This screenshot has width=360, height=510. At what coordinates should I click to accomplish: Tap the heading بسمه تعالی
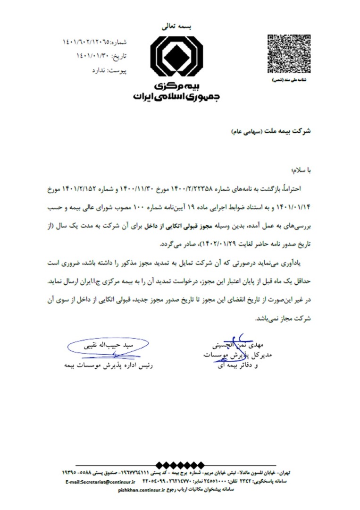176,28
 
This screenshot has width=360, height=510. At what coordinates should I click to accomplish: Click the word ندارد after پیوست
100,70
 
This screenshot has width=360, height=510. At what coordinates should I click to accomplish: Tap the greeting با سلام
301,169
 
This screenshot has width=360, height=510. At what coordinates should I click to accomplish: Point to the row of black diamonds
180,465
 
